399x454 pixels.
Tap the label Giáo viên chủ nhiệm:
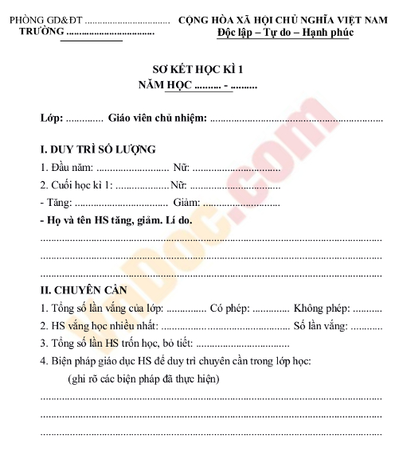click(157, 118)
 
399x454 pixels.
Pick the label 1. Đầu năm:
click(67, 168)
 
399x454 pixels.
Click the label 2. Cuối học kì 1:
click(76, 185)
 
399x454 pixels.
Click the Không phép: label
click(321, 308)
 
